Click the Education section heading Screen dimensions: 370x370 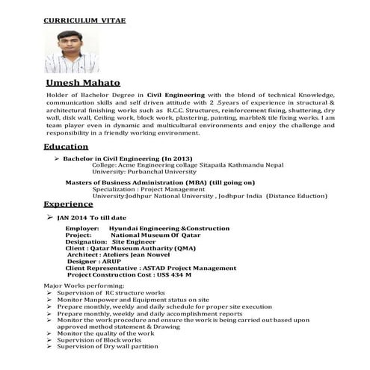[x=66, y=147]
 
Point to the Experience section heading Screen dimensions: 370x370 [x=68, y=203]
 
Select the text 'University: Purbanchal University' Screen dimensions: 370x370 [x=144, y=171]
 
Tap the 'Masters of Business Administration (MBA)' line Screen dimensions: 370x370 [x=160, y=182]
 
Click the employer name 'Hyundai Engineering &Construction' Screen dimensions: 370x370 [x=169, y=228]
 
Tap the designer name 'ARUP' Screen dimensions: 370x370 [x=120, y=262]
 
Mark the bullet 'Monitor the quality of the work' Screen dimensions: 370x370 [x=105, y=333]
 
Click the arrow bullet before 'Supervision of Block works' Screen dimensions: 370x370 [x=49, y=339]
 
